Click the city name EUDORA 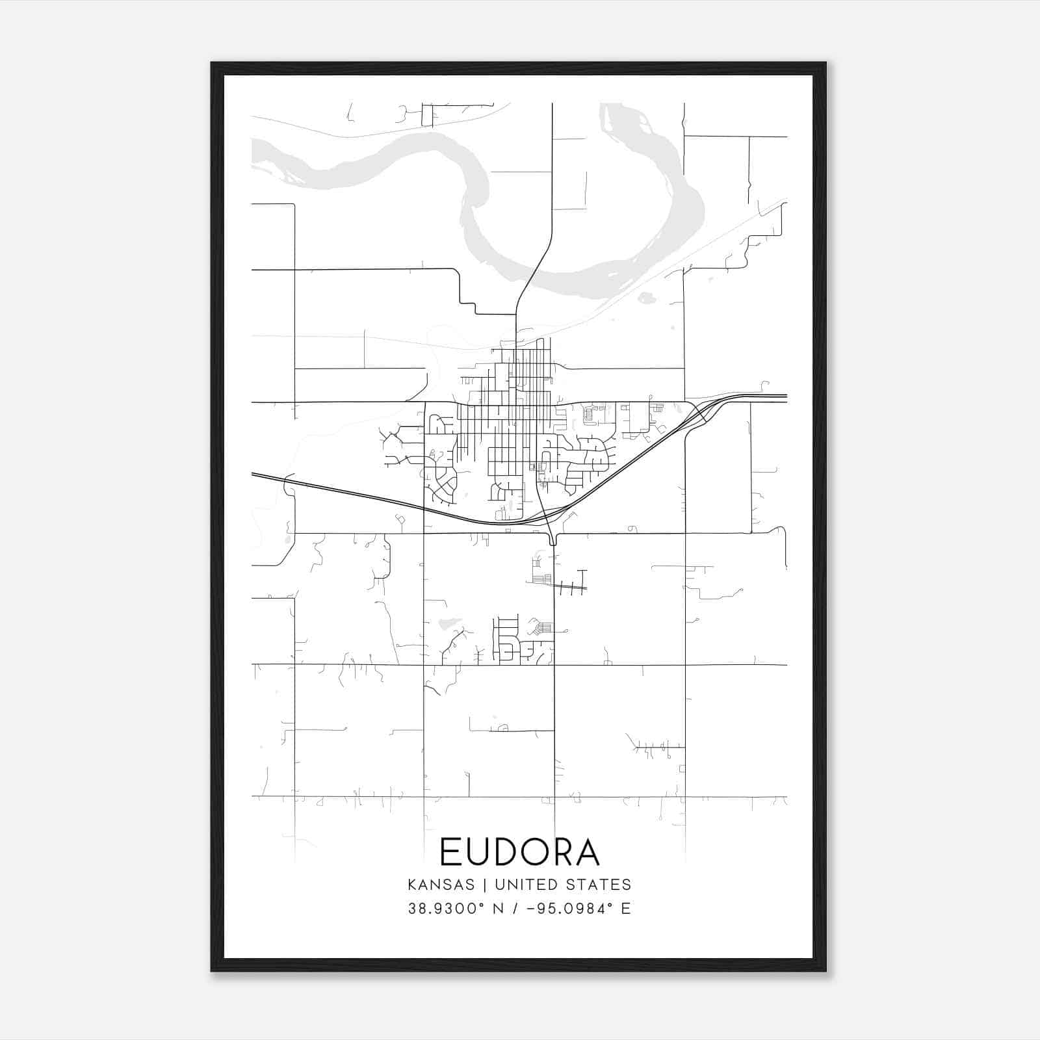coord(519,851)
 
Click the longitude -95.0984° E coord(580,909)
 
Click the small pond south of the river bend coord(646,298)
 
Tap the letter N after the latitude coord(499,909)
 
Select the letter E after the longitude coord(627,909)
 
